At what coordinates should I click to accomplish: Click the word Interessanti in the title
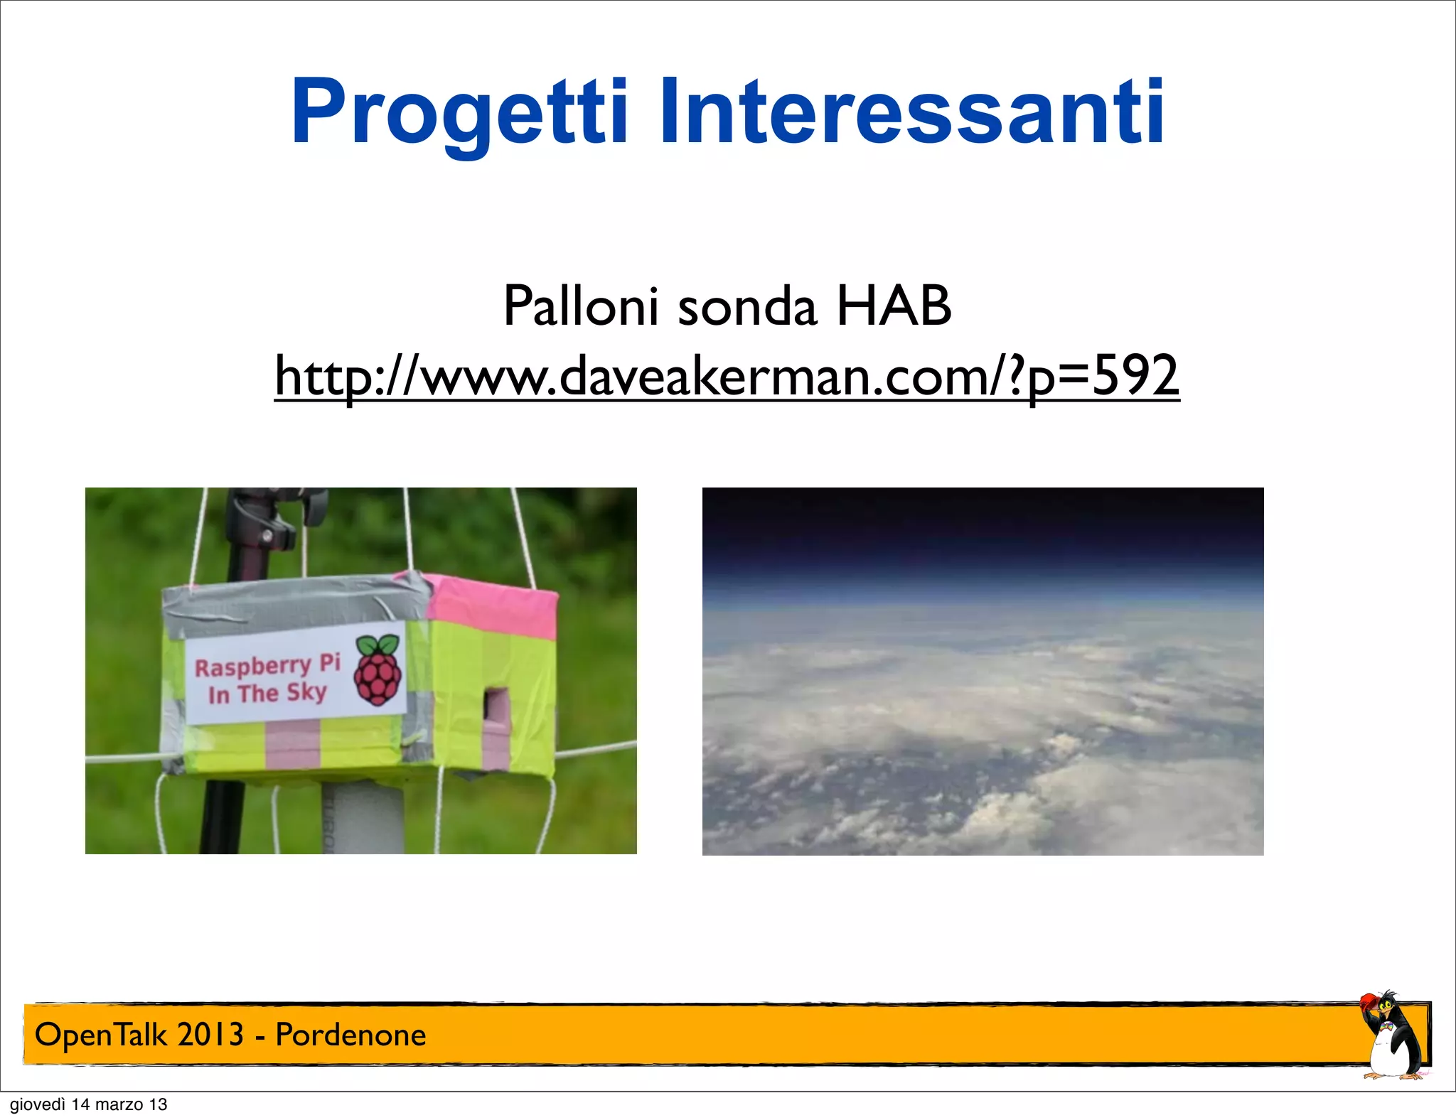(911, 112)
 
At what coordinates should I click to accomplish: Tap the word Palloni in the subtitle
(580, 306)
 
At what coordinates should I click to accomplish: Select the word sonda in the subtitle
(746, 308)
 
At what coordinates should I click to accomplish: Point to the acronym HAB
(894, 306)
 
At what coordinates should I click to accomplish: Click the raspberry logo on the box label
(378, 671)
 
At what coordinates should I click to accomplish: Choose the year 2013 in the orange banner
(210, 1035)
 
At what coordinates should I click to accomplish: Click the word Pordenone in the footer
(350, 1035)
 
